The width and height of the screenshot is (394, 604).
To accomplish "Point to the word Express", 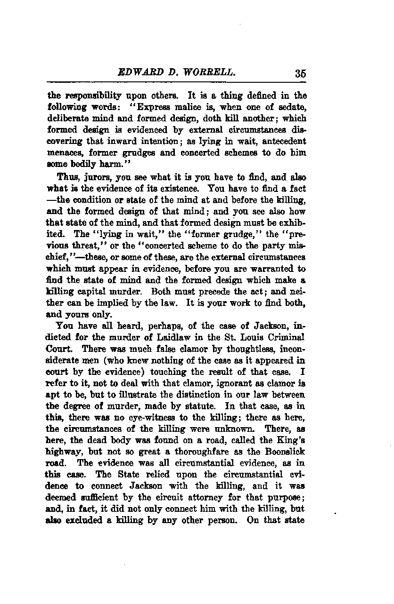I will [173, 108].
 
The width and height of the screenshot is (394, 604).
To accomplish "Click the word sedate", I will [291, 108].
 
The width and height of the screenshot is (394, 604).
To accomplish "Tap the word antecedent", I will [283, 142].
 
